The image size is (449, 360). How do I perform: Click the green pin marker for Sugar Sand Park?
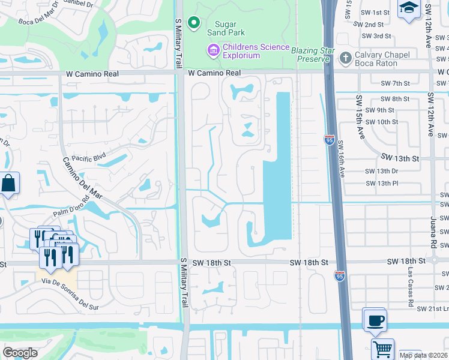[193, 23]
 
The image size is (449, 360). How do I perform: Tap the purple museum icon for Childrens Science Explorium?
[213, 51]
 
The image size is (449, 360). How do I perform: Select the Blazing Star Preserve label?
[310, 55]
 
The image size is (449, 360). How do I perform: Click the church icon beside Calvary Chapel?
[345, 58]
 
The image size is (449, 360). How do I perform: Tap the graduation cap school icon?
[409, 8]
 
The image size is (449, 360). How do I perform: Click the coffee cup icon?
[375, 319]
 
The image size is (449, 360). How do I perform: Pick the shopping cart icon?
[382, 348]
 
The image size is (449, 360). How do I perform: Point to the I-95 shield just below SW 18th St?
[339, 275]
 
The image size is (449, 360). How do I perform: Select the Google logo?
[20, 353]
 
